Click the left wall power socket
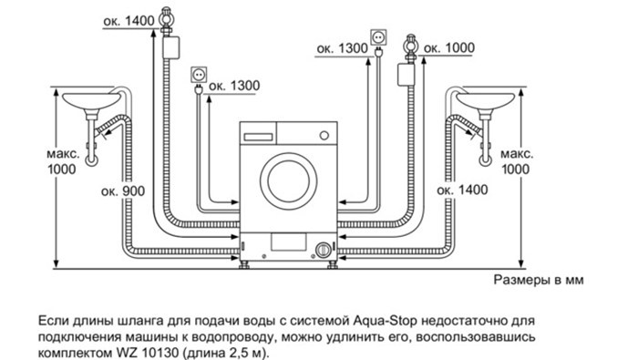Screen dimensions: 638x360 [199, 76]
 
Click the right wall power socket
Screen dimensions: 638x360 [378, 38]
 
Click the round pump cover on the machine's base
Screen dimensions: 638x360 [323, 250]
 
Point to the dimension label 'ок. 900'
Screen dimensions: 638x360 [123, 190]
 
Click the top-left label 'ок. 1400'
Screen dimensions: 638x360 [129, 21]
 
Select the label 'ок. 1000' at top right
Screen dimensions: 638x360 [449, 48]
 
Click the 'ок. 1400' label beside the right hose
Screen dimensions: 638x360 [462, 190]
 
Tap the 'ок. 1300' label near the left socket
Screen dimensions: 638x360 [234, 86]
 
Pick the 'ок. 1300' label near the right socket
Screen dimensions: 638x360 [342, 49]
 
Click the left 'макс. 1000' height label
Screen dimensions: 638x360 [62, 161]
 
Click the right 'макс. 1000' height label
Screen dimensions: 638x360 [517, 161]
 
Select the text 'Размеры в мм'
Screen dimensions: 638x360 [539, 280]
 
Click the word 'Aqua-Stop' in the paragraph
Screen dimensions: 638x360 [384, 321]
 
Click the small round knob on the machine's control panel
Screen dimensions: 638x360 [324, 136]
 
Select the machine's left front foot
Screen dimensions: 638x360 [245, 265]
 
